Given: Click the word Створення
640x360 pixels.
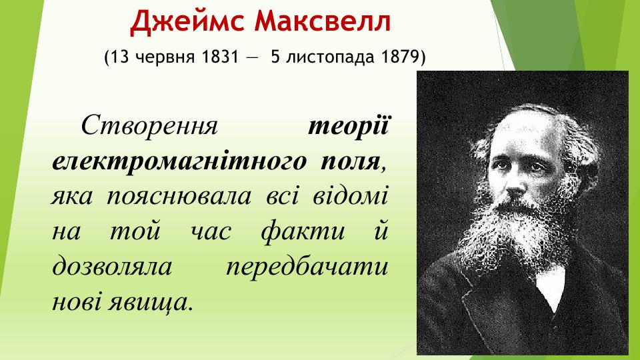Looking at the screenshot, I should click(x=149, y=125).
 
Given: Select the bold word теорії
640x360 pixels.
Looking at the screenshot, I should click(x=349, y=125).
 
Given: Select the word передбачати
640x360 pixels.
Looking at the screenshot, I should click(x=307, y=268).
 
